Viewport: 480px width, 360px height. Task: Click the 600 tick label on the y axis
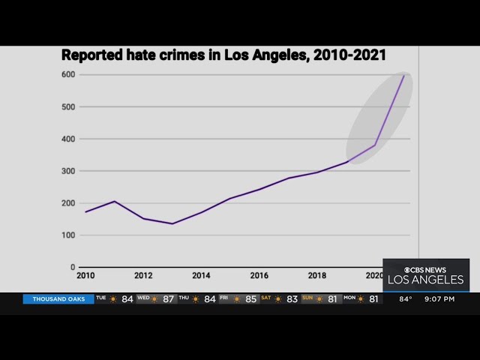click(67, 74)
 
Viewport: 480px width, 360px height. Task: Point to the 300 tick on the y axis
click(67, 171)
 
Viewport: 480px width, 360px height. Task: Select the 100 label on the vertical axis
click(67, 235)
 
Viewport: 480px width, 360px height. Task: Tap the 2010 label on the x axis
click(85, 275)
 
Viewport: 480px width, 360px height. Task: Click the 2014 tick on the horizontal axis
click(201, 275)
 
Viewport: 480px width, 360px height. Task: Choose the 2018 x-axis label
click(316, 275)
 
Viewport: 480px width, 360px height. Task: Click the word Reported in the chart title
click(89, 55)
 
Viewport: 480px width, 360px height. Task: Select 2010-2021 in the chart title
click(349, 55)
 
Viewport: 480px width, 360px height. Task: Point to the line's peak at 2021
click(404, 75)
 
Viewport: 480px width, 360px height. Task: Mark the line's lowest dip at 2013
click(172, 223)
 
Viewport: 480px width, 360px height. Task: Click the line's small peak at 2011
click(114, 201)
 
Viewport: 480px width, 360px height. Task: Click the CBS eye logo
click(408, 270)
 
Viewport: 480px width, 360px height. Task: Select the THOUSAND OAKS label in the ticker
click(58, 299)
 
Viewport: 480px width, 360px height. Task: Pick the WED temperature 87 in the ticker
click(168, 299)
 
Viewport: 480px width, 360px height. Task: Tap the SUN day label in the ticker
click(307, 298)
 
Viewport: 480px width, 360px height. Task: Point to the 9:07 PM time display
click(439, 299)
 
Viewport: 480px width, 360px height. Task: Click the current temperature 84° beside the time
click(406, 299)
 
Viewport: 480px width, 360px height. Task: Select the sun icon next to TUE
click(113, 299)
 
